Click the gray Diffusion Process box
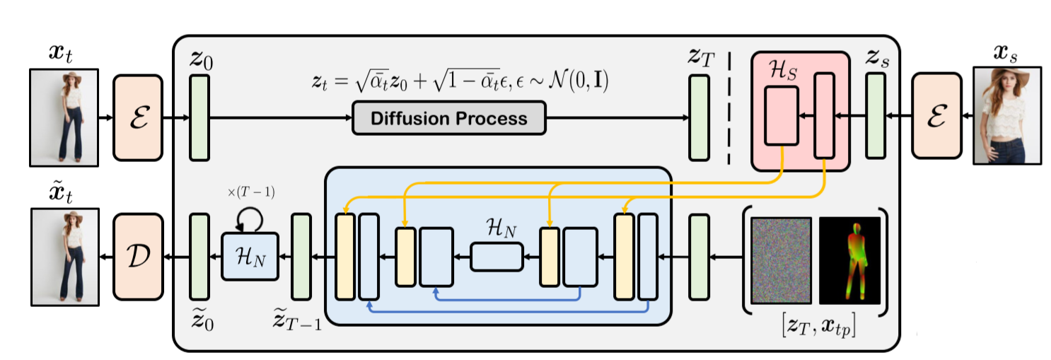pos(449,117)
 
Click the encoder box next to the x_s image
pos(936,117)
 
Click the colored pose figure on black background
pos(849,261)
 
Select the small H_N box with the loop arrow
pos(250,255)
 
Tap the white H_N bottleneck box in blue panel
pos(496,256)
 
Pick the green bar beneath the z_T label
pos(699,117)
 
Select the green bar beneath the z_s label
pos(876,117)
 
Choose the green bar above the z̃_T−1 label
pos(301,255)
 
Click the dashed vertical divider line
pos(728,106)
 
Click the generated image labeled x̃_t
pos(63,255)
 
